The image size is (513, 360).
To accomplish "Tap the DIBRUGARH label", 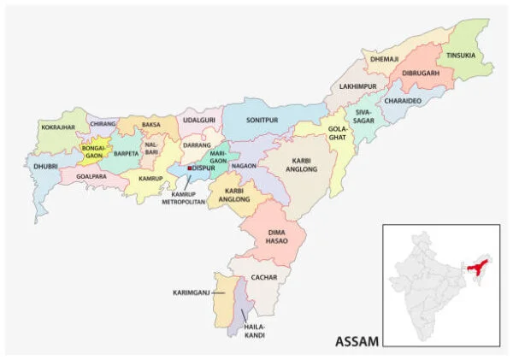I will point(420,73).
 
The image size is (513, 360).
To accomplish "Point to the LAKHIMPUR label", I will point(357,86).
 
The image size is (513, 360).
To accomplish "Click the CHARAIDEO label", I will point(403,101).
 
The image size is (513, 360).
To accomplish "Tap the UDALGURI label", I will point(198,121).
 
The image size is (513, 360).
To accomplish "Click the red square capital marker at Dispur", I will point(189,168).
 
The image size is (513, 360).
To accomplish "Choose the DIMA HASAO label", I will point(274,237).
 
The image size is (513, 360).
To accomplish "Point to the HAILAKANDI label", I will point(255,331).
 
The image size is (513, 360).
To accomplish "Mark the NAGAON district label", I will point(244,165).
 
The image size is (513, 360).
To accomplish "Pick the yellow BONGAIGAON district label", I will point(92,152).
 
